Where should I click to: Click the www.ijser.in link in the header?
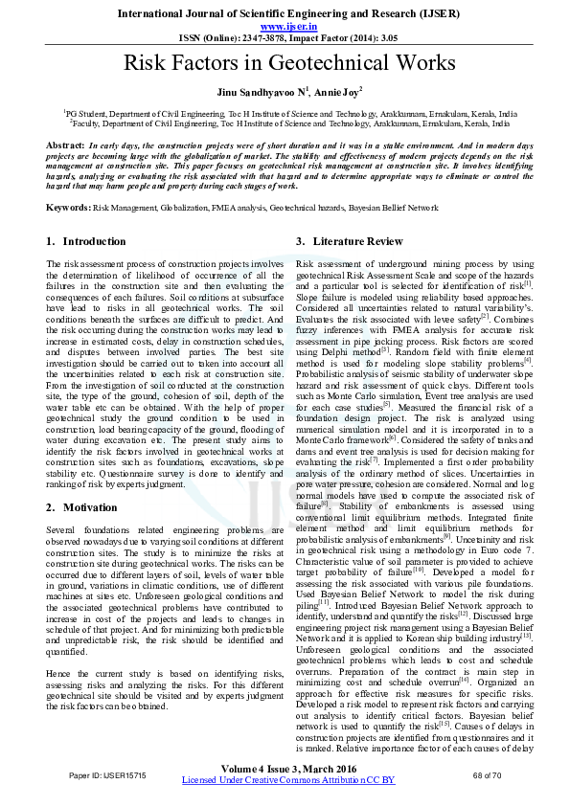pos(284,28)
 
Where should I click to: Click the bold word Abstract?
pos(63,143)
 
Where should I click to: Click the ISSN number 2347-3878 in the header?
pos(269,39)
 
